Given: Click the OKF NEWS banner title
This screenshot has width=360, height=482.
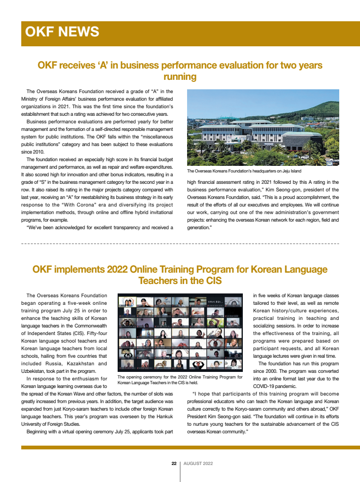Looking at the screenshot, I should coord(62,32).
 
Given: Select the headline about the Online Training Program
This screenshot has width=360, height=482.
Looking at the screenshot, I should coord(180,275).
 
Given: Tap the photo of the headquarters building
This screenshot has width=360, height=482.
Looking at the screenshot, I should coord(263,128).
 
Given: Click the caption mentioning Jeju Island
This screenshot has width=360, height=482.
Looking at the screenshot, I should coord(244,171).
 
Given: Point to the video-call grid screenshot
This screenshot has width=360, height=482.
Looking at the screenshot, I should coord(180,334).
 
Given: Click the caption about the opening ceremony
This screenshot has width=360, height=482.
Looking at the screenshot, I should coord(180,379).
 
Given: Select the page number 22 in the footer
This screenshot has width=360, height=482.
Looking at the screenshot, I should coord(174,464).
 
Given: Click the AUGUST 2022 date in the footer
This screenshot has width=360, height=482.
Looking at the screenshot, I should coord(198,464).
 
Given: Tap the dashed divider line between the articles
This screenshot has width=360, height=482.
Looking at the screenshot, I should coord(180,244).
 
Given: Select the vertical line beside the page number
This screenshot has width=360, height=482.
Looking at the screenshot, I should coord(180,471).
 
